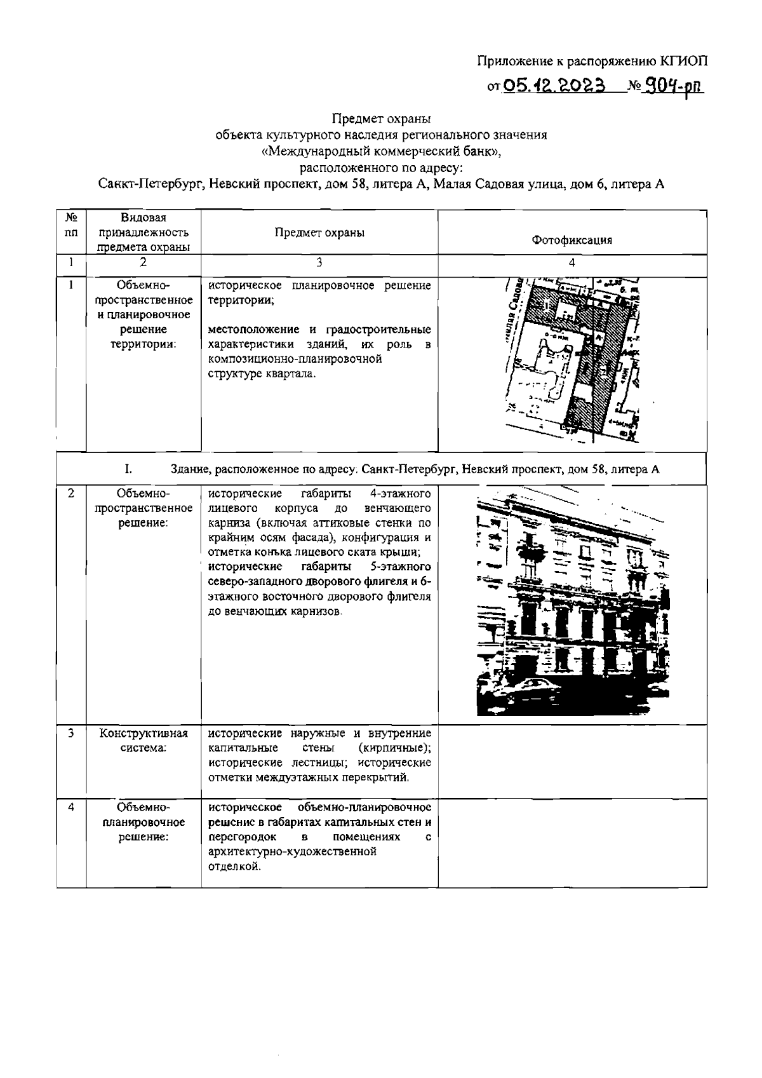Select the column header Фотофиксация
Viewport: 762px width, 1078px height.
tap(571, 239)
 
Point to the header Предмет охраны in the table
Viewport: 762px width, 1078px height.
tap(319, 232)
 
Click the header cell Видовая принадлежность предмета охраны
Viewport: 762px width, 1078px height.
tap(144, 232)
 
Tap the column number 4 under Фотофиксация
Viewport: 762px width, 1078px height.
tap(571, 262)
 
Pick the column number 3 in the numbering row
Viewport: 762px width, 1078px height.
tap(319, 262)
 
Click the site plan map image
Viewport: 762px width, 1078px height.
tap(571, 360)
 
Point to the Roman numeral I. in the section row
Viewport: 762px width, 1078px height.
tap(128, 469)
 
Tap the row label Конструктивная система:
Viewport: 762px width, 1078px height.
tap(144, 741)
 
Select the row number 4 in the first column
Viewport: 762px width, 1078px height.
tap(72, 807)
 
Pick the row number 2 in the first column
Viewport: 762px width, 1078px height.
tap(72, 493)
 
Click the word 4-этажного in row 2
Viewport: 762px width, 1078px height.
tap(400, 494)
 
